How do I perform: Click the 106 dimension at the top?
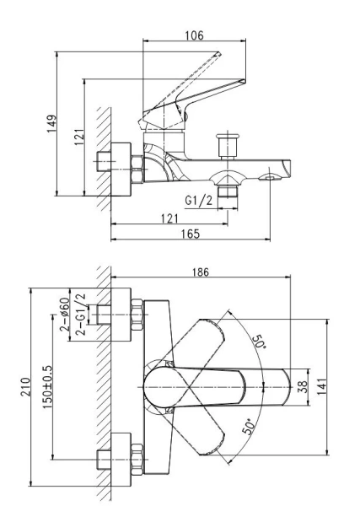coord(194,35)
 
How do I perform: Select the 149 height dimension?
coord(51,123)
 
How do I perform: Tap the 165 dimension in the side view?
coord(191,234)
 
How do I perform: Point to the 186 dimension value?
coord(201,272)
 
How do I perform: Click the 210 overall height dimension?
coord(25,387)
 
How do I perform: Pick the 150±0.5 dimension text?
coord(47,387)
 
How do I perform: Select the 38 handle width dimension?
coord(303,387)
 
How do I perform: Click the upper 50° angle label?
coord(259,342)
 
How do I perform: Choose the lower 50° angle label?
coord(248,427)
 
